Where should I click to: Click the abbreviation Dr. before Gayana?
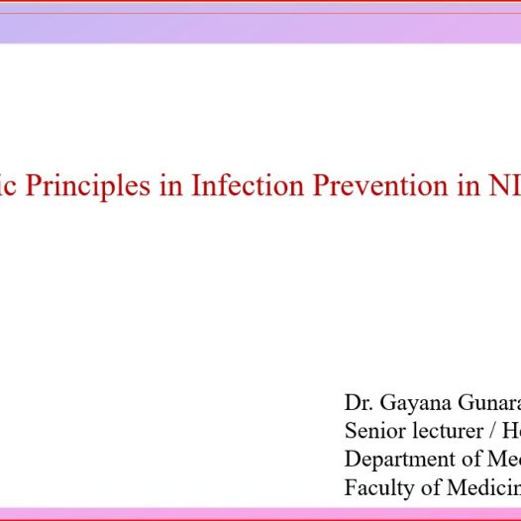[x=359, y=403]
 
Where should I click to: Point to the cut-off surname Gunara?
[x=485, y=404]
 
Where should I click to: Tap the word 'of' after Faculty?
[x=427, y=488]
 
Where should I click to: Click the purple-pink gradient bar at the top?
[x=260, y=28]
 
